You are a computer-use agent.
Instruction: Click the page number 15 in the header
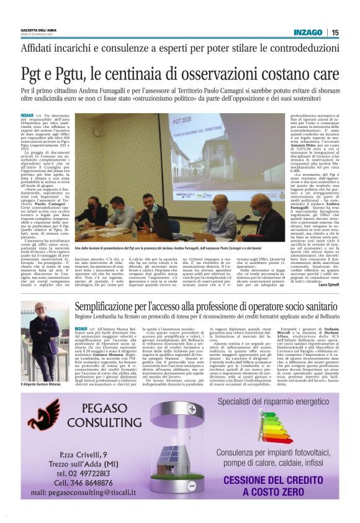335,32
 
